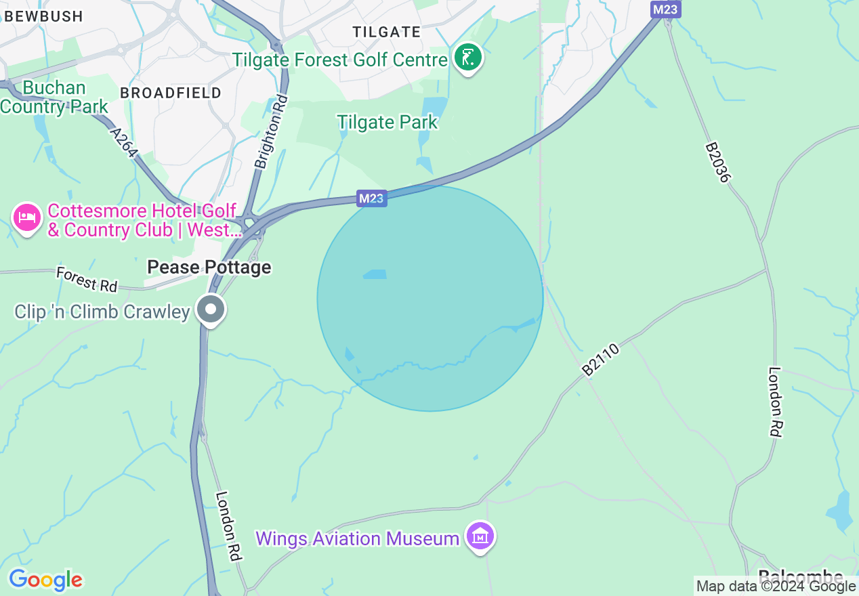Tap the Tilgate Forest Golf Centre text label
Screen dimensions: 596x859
click(340, 60)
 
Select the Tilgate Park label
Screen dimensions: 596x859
click(387, 123)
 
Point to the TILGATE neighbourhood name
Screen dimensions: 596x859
click(387, 32)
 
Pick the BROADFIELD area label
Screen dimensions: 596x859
click(171, 93)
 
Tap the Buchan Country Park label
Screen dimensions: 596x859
click(54, 98)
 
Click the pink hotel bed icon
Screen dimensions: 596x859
click(26, 218)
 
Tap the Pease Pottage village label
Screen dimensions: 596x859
click(209, 268)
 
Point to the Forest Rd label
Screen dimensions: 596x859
click(87, 278)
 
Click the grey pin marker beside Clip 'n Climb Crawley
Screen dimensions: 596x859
click(211, 310)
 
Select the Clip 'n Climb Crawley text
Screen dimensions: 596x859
click(102, 312)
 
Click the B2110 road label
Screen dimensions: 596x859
click(600, 359)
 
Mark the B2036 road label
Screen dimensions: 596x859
click(717, 162)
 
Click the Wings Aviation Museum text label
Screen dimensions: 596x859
click(357, 539)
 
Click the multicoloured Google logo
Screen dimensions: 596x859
click(45, 580)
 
